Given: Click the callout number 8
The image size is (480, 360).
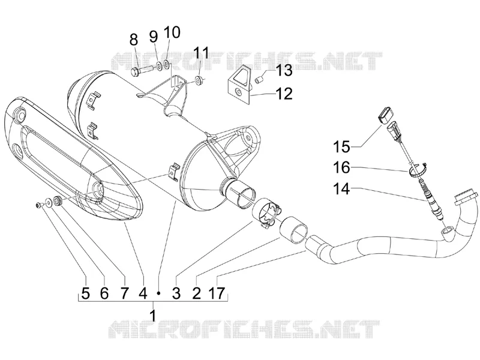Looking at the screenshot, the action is coord(134,40).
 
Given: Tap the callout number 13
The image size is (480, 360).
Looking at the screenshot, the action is coord(284,70).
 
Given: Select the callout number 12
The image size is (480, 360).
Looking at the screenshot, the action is coord(284,94).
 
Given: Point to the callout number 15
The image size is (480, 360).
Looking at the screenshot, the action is coord(341,146).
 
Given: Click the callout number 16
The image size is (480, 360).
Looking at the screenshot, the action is coord(341,168).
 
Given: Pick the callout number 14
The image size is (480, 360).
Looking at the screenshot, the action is coord(341,189).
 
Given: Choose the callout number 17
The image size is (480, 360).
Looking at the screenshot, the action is coord(217,293).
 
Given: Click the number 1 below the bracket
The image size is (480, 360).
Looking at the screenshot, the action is coord(153,315).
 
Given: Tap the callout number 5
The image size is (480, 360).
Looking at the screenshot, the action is coord(86,293).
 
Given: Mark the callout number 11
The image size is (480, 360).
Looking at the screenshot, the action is coord(201,53).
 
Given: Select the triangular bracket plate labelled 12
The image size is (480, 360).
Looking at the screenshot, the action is coord(239,82).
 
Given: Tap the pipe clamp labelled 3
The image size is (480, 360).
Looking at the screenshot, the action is coord(267,214).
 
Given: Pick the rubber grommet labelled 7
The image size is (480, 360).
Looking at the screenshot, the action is coord(57,200).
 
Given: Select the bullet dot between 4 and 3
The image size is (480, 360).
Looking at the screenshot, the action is coord(158,293).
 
